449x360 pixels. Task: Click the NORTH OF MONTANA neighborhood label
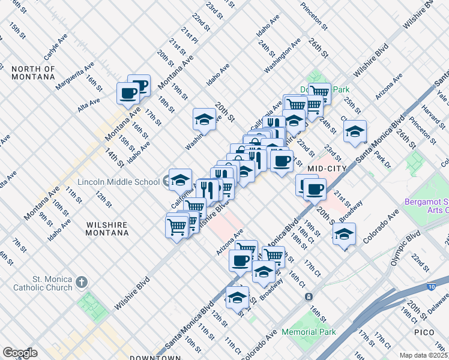[x=33, y=73]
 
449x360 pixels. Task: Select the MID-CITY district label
[x=327, y=169]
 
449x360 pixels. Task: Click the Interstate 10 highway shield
[x=432, y=287]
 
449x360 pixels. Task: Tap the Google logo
[x=20, y=352]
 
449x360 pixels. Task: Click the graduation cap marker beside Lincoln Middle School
[x=180, y=179]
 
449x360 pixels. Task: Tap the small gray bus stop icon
[x=309, y=296]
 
